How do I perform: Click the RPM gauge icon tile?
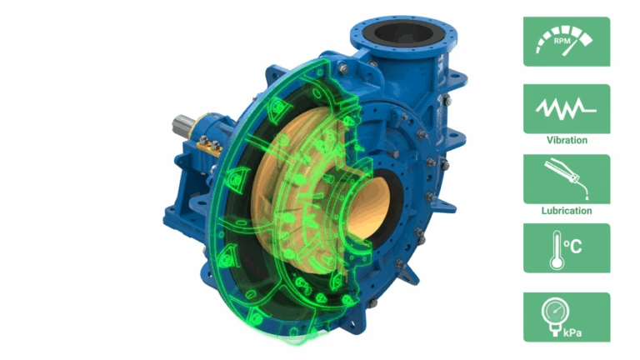pos(567,42)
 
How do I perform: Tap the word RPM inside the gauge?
pos(562,41)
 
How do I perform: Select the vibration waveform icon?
pos(566,108)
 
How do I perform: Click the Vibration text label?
pos(567,140)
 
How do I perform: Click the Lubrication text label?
pos(567,211)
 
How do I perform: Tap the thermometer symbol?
pos(557,250)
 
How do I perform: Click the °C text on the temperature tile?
pos(572,247)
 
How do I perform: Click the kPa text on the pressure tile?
pos(572,332)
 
